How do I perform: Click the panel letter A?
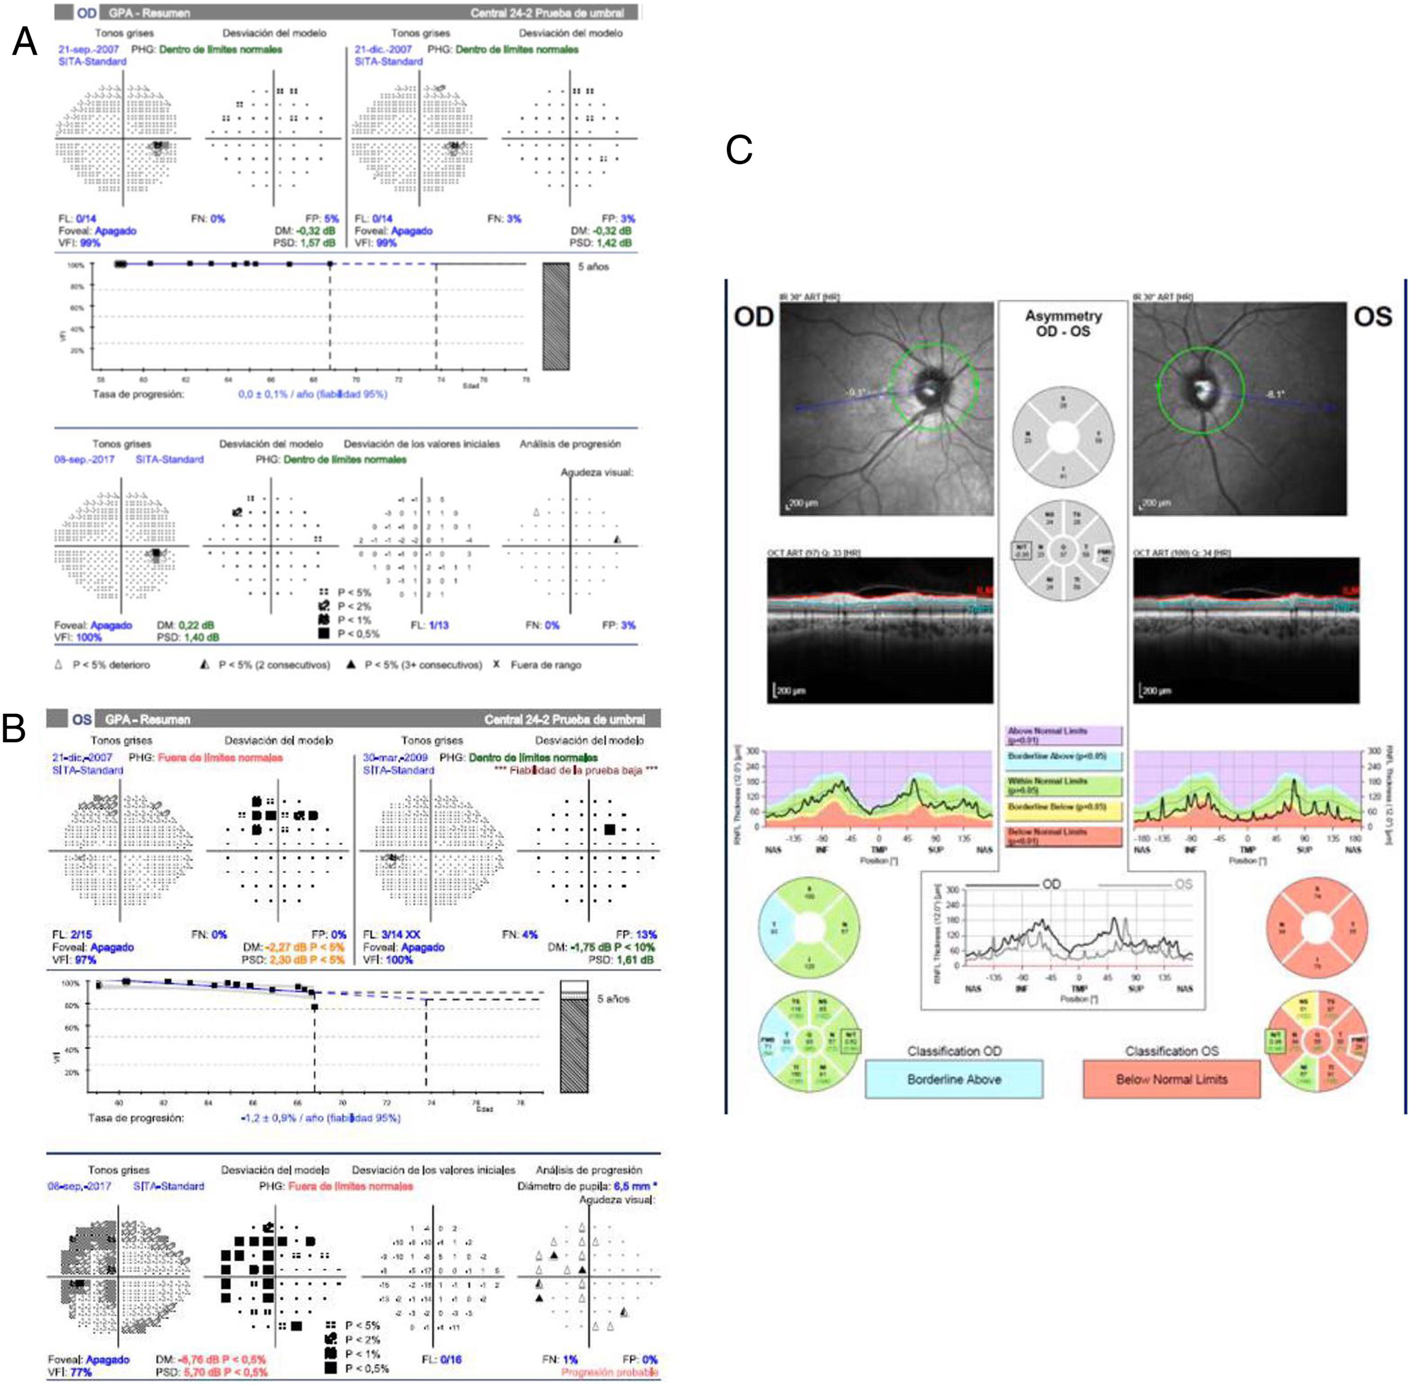tap(25, 42)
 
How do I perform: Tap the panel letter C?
tap(739, 151)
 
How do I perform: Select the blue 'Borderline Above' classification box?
tap(953, 1079)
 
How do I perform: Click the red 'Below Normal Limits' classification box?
tap(1171, 1079)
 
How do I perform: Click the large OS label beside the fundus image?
tap(1373, 317)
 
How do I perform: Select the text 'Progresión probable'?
tap(609, 1372)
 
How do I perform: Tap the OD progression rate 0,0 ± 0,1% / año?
tap(313, 393)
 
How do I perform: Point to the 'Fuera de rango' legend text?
tap(546, 665)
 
